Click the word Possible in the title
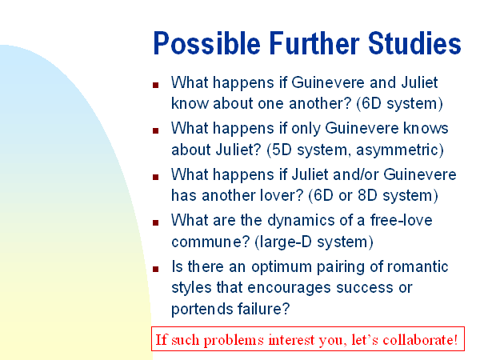tap(207, 44)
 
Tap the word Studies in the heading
tap(414, 43)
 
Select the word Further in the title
tap(314, 43)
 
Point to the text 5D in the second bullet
tap(282, 150)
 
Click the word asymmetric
tap(397, 150)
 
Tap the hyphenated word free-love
tap(401, 220)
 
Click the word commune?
tap(211, 242)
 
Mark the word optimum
tap(282, 267)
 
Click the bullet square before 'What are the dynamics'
tap(155, 222)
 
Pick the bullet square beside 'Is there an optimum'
tap(155, 269)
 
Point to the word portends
tap(202, 310)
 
